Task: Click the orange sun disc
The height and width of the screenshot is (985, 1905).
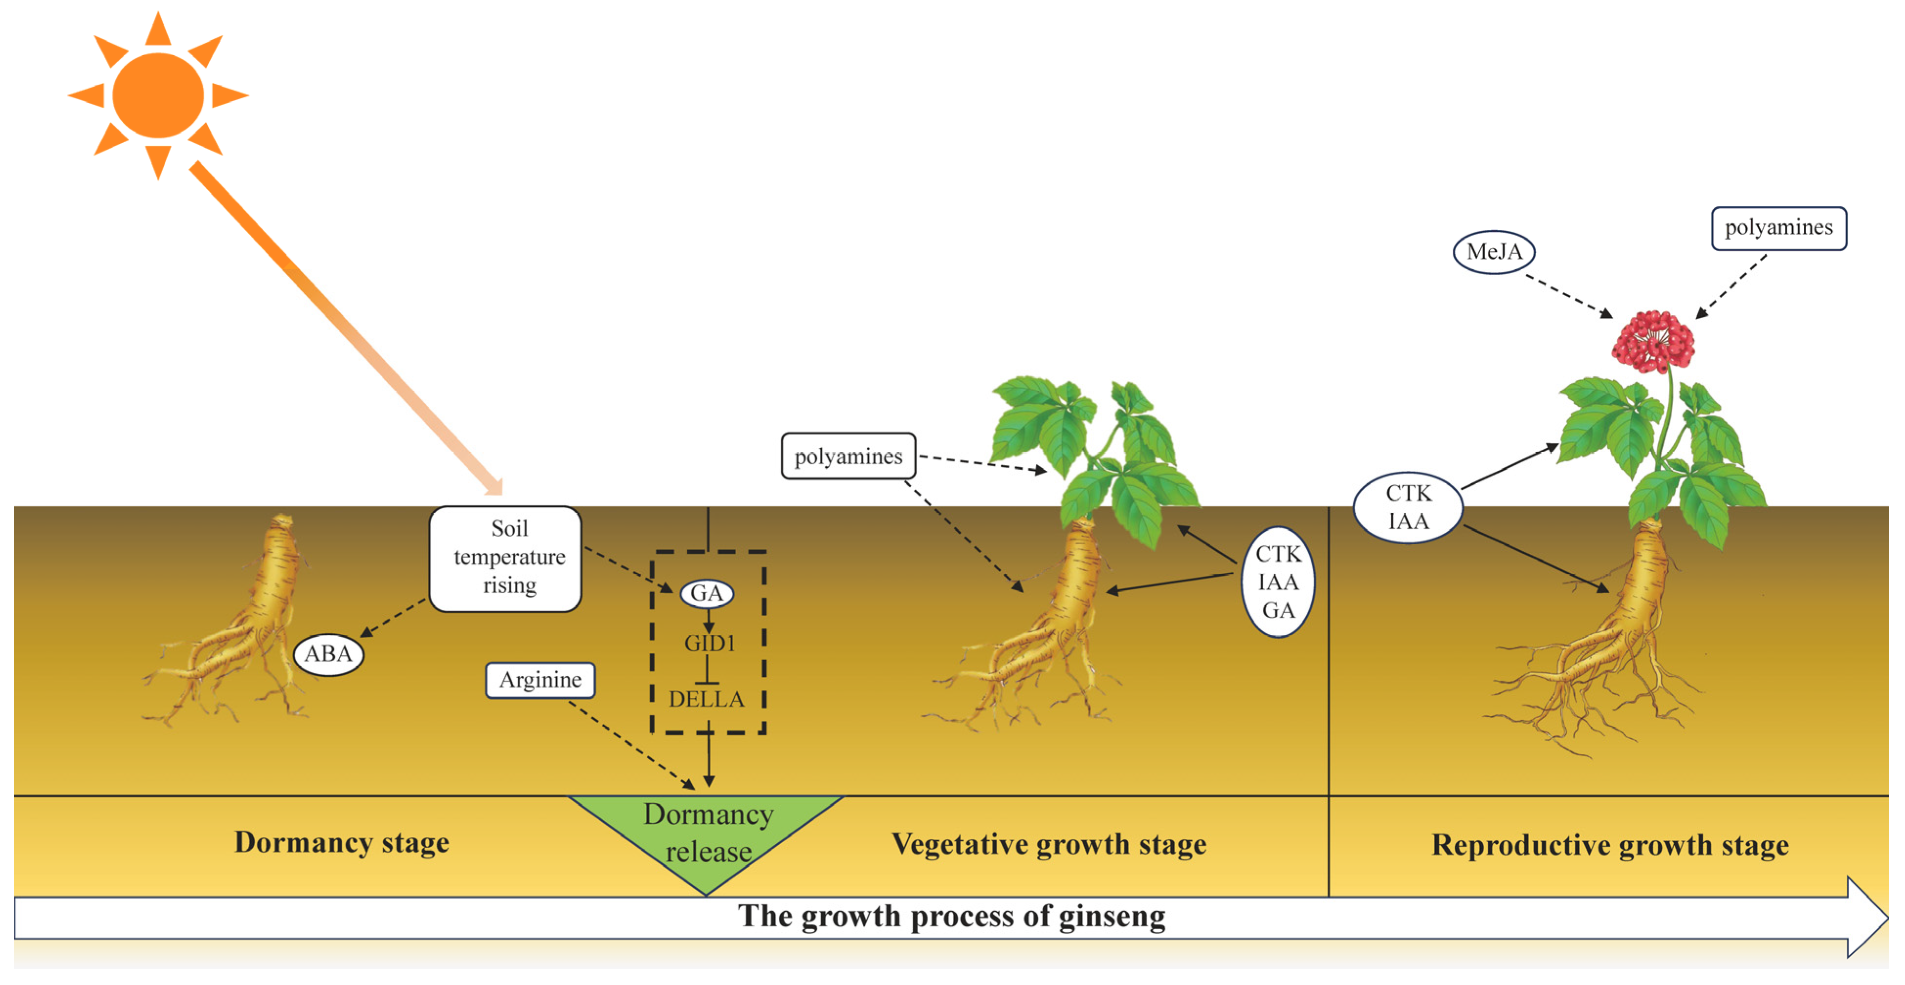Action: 157,95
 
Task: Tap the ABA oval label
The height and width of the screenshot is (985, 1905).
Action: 328,654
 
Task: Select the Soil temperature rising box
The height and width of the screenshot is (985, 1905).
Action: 506,558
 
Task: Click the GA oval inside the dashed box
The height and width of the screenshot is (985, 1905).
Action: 706,593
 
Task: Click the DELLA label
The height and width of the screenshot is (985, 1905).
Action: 706,699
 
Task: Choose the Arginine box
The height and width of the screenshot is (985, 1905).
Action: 540,679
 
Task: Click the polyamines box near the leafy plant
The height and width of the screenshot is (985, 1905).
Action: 848,456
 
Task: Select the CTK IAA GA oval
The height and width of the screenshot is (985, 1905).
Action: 1277,582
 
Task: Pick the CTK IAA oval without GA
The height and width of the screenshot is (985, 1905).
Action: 1407,507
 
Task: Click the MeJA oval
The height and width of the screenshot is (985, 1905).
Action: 1494,252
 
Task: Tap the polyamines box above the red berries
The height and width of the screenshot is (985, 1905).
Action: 1778,228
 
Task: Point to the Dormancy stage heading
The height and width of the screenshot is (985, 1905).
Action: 342,842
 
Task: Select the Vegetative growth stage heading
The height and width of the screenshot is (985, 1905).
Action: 1049,844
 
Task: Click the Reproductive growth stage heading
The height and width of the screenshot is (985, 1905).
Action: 1609,845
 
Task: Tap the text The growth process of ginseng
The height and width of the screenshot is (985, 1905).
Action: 951,916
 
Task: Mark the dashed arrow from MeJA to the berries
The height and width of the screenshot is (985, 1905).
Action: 1568,296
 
